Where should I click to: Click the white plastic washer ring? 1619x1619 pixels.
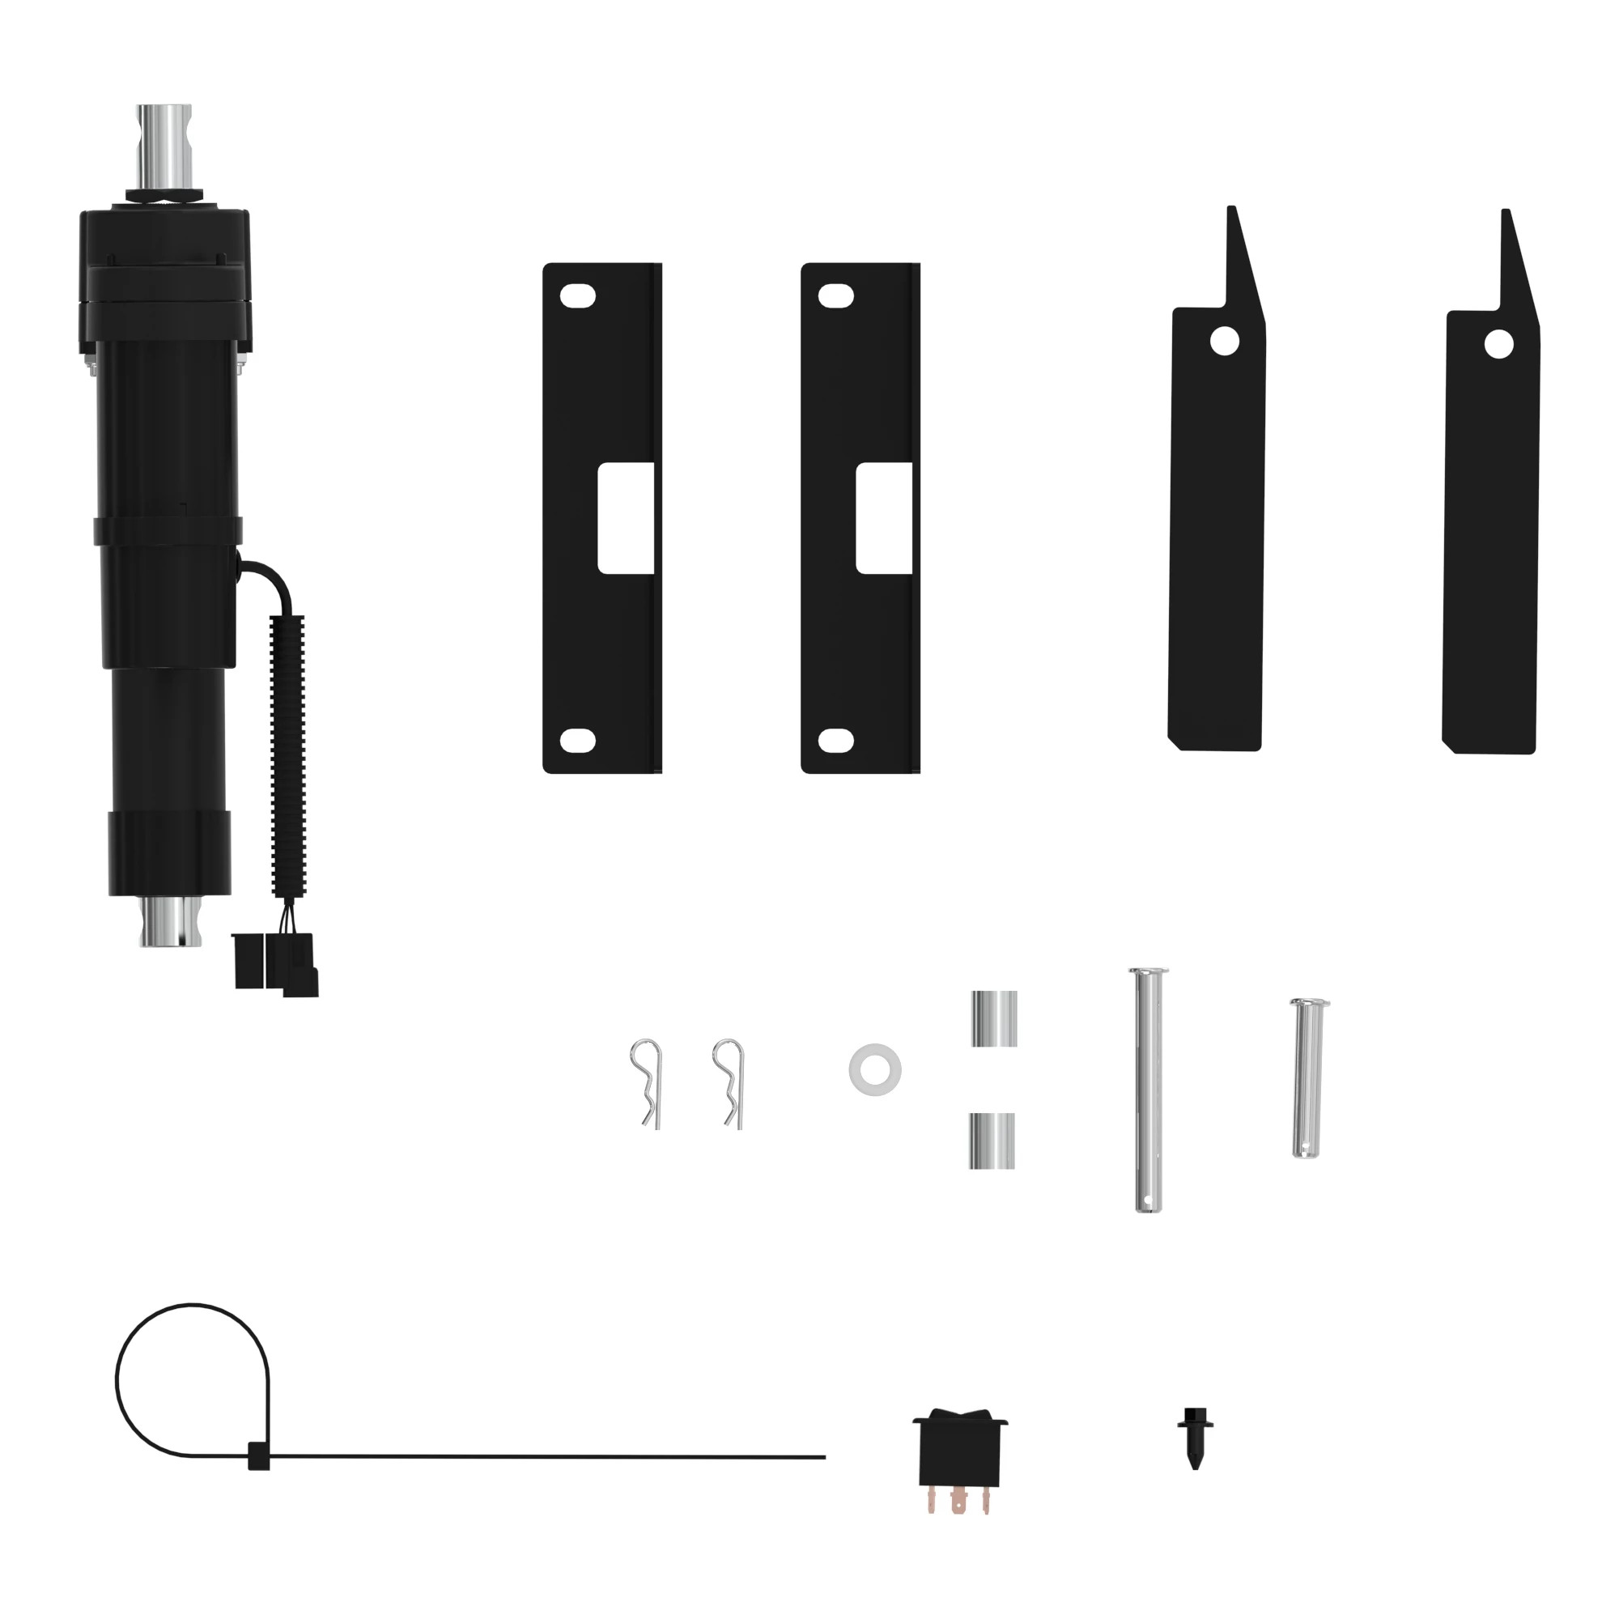(875, 1069)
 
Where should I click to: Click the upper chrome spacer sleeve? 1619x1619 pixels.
(994, 1018)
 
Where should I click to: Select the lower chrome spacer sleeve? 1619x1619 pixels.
(992, 1141)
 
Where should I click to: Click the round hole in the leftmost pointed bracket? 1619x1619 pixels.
(1224, 341)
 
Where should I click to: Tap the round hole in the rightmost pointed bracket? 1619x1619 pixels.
(1498, 343)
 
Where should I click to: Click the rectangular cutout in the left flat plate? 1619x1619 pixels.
(625, 520)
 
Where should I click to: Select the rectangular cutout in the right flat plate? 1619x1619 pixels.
(883, 520)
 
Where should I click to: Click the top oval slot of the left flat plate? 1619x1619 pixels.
(578, 295)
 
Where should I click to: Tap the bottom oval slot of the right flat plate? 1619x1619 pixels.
(835, 740)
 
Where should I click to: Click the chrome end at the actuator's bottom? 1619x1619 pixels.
(171, 922)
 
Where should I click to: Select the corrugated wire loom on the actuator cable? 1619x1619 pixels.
(287, 754)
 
